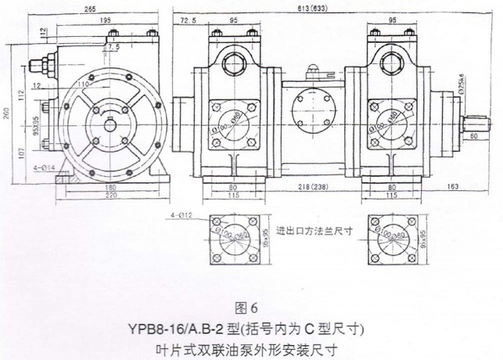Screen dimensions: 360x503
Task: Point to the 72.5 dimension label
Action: tap(188, 19)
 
